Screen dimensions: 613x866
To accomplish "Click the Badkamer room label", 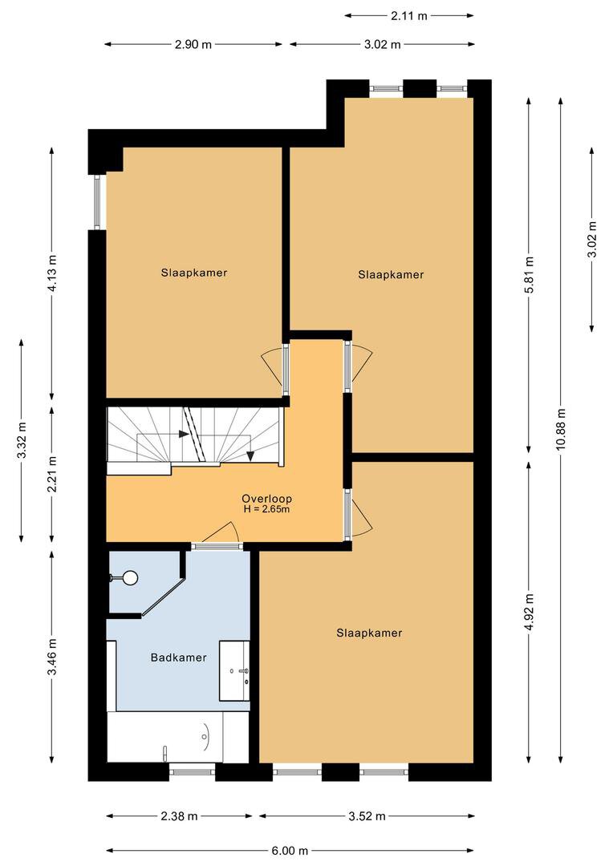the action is tap(179, 658).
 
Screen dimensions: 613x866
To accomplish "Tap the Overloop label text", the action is tap(266, 498).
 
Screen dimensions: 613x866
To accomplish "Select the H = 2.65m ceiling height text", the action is tap(266, 509).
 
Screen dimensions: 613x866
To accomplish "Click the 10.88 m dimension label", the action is tap(562, 430).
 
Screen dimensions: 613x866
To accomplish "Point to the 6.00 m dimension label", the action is tap(290, 851).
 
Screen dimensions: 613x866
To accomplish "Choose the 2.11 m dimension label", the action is tap(409, 16).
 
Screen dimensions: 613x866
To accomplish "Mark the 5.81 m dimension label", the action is tap(529, 275).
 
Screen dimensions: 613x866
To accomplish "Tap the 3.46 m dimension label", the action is tap(52, 658).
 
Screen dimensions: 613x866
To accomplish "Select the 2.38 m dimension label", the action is tap(179, 815).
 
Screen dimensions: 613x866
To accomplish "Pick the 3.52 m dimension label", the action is tap(367, 815).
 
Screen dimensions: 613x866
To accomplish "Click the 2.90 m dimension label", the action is tap(193, 45).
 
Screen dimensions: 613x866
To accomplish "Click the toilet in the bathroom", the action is tap(125, 577).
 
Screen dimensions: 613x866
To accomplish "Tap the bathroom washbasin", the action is tap(235, 670).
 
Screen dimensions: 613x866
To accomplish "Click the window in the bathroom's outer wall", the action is tap(193, 768).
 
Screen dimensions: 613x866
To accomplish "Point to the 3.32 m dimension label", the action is tap(22, 440).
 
